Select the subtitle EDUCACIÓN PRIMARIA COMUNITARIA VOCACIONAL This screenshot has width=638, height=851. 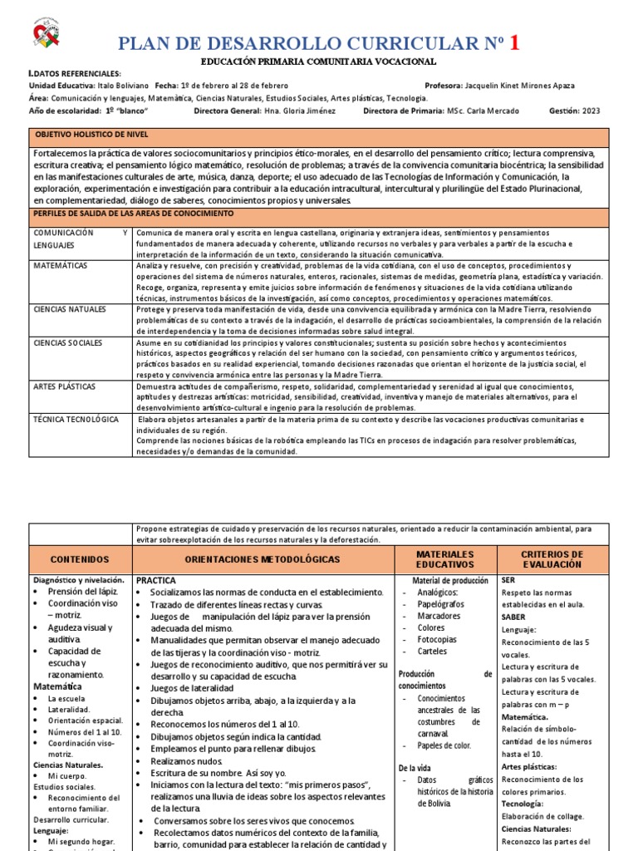point(318,62)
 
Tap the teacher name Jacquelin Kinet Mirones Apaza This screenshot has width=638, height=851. point(511,86)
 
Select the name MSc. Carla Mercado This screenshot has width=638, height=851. point(483,111)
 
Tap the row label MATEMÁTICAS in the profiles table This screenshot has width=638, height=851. point(61,265)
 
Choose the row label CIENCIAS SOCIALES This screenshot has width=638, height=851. point(67,342)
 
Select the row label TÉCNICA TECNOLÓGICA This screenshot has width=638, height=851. point(76,419)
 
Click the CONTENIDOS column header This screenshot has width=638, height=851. point(80,560)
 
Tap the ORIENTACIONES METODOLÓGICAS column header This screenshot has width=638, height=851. point(262,560)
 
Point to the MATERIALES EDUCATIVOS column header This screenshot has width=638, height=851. point(444,560)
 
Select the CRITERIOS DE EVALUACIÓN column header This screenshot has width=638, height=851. point(552,560)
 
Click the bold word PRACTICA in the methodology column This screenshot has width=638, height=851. point(156,580)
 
